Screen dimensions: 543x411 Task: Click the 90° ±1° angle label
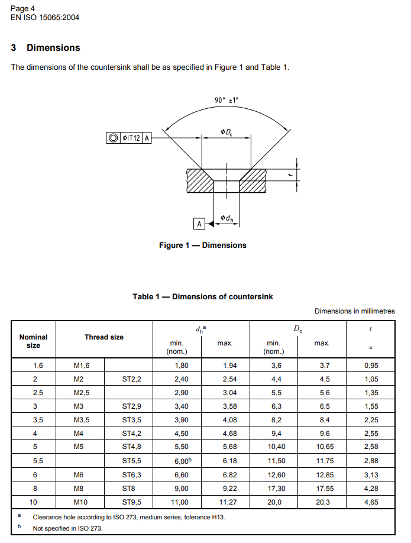[x=226, y=100]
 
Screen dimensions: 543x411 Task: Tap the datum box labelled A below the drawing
[x=199, y=224]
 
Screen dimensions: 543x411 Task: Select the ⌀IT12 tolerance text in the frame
[x=131, y=138]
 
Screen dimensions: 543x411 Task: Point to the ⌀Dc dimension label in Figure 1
[x=226, y=131]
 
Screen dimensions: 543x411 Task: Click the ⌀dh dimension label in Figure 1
[x=226, y=218]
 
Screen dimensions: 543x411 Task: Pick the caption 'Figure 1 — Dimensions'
[x=203, y=245]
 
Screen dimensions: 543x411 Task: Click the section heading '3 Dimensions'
[x=46, y=48]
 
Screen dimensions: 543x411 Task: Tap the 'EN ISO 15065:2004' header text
[x=45, y=18]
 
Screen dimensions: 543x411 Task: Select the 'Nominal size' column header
[x=34, y=341]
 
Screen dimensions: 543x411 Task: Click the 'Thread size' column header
[x=104, y=337]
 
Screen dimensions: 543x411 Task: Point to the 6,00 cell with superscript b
[x=181, y=461]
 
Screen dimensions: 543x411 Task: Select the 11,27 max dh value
[x=225, y=502]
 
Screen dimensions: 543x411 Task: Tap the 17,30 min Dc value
[x=273, y=488]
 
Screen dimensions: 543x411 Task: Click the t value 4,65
[x=371, y=502]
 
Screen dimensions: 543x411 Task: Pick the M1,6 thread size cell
[x=81, y=366]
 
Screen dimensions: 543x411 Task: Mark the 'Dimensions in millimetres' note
[x=354, y=311]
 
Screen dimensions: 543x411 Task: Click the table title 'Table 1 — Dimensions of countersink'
[x=203, y=296]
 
